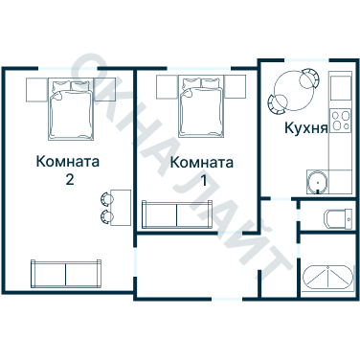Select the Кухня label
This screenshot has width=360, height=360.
pos(306,126)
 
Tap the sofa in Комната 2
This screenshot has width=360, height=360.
pos(65,274)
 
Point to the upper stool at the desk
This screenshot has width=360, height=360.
pos(103,197)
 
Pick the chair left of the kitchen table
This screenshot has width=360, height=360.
pos(277,101)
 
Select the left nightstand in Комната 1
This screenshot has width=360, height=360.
pos(165,87)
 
